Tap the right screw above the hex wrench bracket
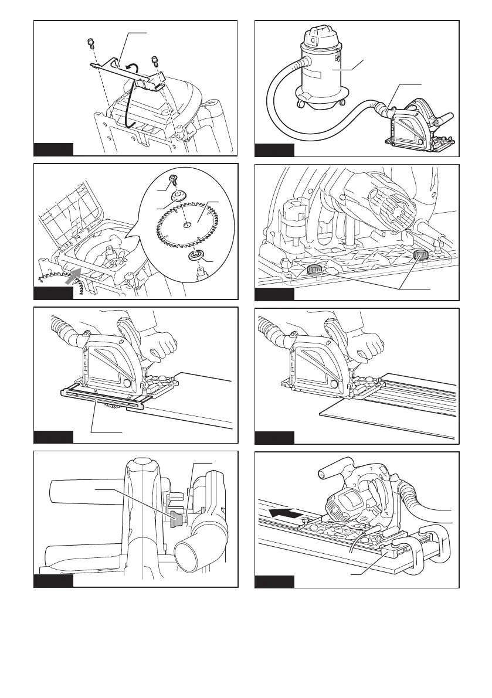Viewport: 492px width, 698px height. [x=155, y=60]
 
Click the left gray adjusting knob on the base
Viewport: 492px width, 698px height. [x=314, y=270]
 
